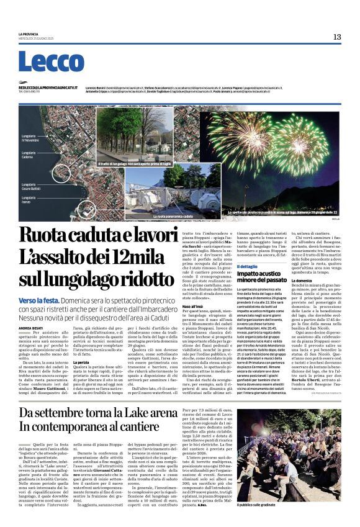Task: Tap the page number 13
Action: click(x=336, y=37)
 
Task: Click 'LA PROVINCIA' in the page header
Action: click(x=29, y=35)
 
